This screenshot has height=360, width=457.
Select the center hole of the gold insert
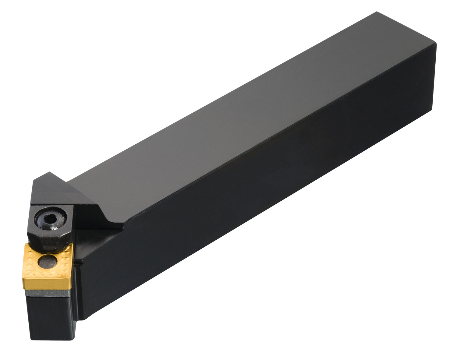(46, 261)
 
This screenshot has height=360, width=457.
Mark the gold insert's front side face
(46, 283)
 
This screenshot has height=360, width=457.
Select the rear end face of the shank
(434, 76)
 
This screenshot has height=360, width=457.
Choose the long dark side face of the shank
(259, 195)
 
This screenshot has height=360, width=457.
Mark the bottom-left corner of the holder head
(32, 338)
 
